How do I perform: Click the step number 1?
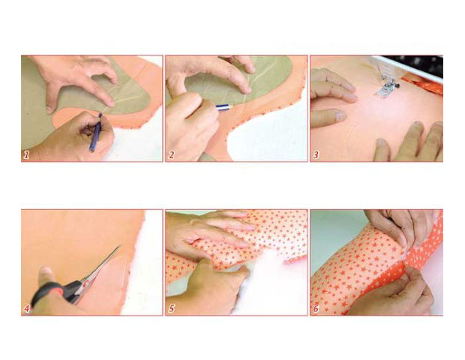coord(27,155)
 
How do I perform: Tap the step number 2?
coord(172,155)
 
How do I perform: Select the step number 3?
coord(316,155)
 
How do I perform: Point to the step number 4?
coord(27,309)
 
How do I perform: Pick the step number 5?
coord(172,309)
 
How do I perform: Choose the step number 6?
coord(316,309)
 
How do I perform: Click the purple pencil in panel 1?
coord(96,132)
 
